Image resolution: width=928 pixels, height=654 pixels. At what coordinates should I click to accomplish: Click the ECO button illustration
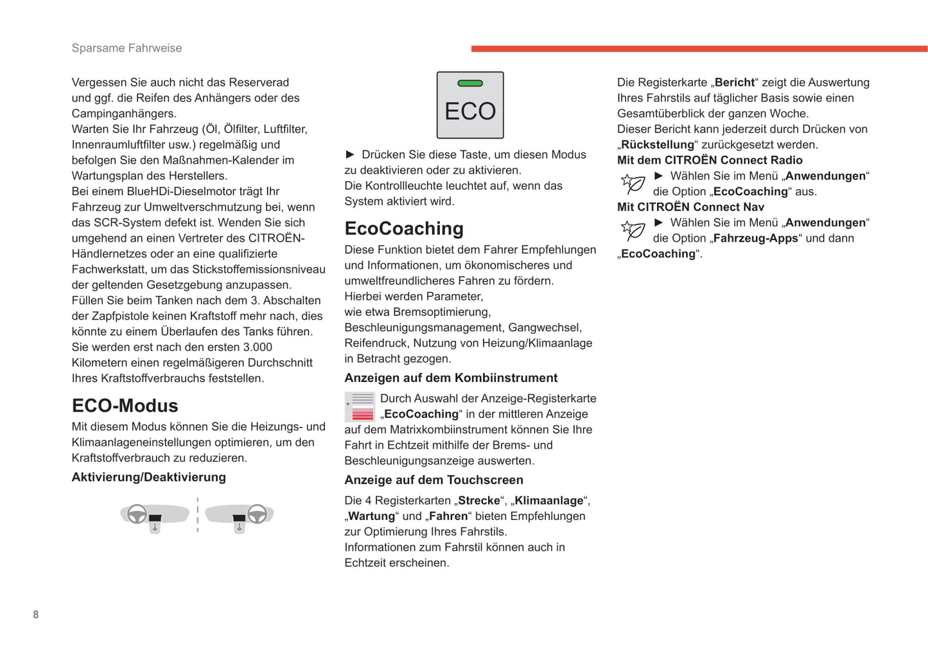click(x=470, y=105)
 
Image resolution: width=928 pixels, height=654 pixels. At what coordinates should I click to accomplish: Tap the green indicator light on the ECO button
click(x=470, y=83)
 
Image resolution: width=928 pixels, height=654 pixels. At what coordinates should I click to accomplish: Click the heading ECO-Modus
click(x=125, y=406)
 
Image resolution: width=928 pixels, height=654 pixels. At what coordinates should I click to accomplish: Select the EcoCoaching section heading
click(x=403, y=228)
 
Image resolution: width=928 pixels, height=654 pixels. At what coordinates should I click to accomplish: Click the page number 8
click(x=36, y=614)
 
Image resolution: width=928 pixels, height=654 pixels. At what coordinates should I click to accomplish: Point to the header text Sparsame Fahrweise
click(x=127, y=48)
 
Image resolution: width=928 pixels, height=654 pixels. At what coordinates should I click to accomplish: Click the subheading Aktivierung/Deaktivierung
click(x=148, y=477)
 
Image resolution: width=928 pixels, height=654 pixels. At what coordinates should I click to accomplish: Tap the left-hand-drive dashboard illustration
click(x=154, y=516)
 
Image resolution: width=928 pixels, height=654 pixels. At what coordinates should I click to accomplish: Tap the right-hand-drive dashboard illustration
click(x=240, y=516)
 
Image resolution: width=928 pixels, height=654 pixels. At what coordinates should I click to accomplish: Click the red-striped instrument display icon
click(x=360, y=407)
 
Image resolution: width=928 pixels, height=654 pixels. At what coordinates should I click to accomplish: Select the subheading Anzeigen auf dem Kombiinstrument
click(x=451, y=378)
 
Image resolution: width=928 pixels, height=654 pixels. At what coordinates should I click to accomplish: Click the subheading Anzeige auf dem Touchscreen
click(x=433, y=480)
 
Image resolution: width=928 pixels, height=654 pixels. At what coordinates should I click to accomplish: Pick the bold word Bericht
click(x=735, y=82)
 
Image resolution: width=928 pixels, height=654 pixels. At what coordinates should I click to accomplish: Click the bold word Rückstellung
click(x=658, y=144)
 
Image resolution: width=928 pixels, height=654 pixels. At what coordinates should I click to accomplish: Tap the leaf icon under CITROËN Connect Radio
click(x=633, y=184)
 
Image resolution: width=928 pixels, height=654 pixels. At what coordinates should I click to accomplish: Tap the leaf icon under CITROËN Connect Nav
click(x=633, y=230)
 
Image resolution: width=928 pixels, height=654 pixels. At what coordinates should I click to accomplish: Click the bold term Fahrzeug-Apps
click(x=755, y=238)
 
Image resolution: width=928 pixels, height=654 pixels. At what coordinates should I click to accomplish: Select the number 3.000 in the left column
click(x=252, y=347)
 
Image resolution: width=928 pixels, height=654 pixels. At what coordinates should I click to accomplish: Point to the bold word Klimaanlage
click(x=548, y=501)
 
